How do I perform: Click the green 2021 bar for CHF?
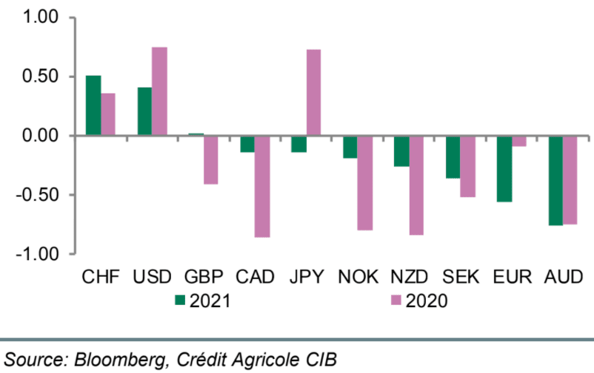tap(93, 105)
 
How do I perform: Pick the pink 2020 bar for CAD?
tap(262, 186)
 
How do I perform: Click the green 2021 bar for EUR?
tap(504, 168)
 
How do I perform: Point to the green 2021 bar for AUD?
tap(555, 180)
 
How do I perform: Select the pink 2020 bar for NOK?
tap(364, 183)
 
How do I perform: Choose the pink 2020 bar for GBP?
tap(211, 159)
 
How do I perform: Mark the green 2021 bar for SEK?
tap(453, 156)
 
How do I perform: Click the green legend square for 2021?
tap(179, 300)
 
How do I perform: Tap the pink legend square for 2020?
tap(396, 300)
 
